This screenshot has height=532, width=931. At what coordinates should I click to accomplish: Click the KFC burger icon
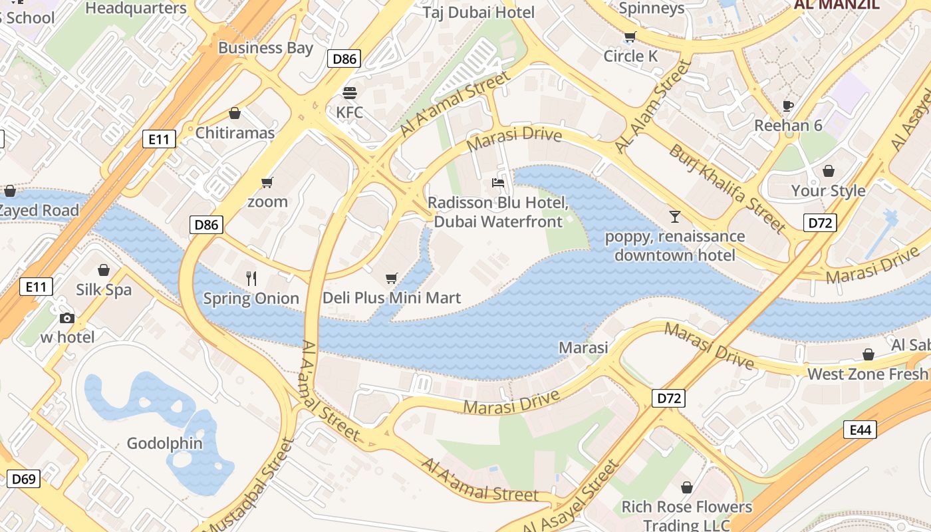point(350,92)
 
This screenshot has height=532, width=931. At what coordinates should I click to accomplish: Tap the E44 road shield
point(860,430)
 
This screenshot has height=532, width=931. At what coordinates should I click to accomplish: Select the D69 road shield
point(23,478)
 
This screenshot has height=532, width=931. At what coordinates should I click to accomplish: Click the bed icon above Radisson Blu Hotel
point(498,182)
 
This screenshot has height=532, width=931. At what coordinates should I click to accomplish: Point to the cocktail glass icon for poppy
point(675,217)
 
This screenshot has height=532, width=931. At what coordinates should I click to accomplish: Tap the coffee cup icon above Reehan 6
point(788,106)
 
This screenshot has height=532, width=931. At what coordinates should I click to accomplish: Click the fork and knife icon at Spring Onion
point(251,279)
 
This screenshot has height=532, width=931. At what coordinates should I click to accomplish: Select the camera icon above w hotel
point(67,318)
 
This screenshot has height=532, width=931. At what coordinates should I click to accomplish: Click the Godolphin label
point(164,443)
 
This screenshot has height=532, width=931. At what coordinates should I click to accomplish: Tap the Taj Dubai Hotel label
point(479,12)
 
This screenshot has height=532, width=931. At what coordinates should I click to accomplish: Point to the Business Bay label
point(265,48)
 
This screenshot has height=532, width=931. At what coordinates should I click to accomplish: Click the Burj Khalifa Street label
point(728,188)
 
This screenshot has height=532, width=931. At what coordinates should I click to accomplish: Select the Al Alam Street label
point(653,106)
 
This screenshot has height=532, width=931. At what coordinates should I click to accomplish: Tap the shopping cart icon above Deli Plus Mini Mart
point(392,278)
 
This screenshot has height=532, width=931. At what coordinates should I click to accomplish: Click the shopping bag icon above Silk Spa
point(104,270)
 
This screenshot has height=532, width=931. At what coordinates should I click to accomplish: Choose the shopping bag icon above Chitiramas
point(235,114)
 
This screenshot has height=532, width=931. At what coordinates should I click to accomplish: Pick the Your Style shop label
point(828,191)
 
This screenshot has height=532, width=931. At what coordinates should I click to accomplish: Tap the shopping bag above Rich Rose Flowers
point(687,487)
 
